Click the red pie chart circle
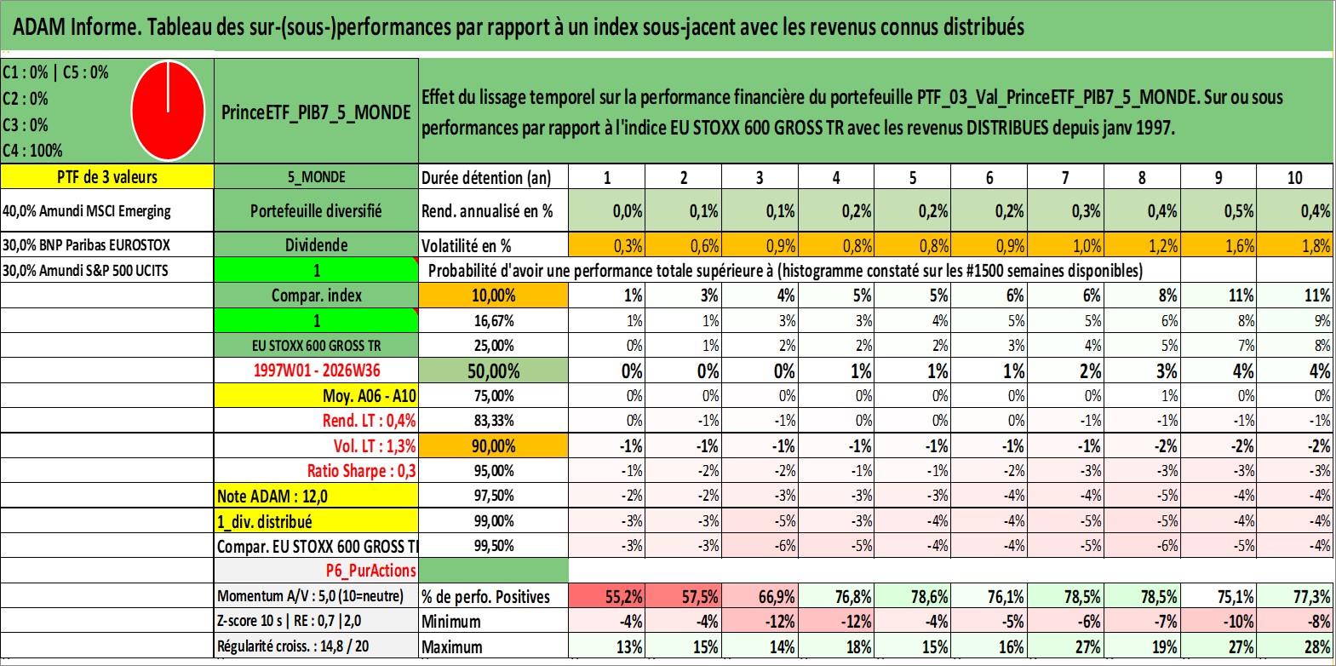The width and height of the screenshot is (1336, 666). (169, 111)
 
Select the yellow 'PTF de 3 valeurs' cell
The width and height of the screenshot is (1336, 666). (107, 176)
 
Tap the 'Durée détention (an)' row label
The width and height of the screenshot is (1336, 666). (486, 177)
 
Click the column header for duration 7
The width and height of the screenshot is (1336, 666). (1065, 177)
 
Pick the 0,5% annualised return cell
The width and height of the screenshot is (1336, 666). (1218, 210)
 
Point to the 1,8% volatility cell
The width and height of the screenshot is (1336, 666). (1295, 245)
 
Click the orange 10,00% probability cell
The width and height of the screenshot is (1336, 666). (493, 296)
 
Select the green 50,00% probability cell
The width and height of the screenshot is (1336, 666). (493, 371)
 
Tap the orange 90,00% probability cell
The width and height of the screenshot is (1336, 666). (493, 445)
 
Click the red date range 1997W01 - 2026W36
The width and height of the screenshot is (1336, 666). (317, 370)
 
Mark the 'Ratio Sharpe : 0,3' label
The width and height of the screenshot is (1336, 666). (361, 471)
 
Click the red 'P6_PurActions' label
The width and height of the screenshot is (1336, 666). (370, 571)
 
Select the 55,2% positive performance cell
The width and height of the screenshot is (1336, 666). (606, 596)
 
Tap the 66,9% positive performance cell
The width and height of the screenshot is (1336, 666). (760, 596)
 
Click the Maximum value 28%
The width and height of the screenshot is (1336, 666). (1295, 646)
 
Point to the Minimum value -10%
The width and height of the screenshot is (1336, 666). (1218, 621)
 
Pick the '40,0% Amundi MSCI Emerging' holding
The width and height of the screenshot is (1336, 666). (87, 210)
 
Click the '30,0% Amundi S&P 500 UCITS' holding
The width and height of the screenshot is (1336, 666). (85, 270)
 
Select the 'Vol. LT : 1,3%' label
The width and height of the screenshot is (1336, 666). (375, 445)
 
